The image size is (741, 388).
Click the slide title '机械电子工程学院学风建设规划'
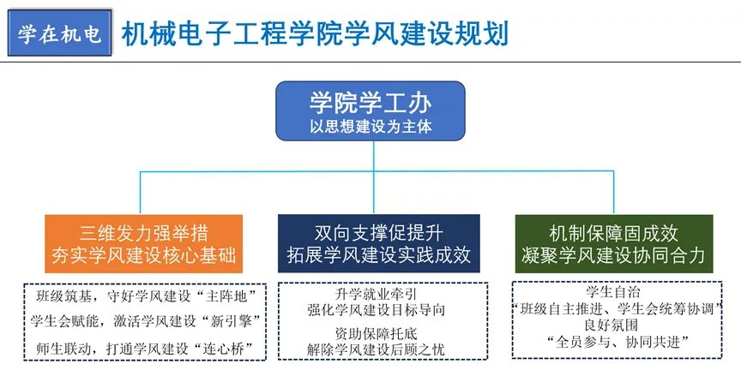(315, 33)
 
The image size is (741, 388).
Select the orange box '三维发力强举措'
(143, 233)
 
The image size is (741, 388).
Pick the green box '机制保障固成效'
(613, 233)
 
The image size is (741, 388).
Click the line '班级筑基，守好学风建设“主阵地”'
(143, 297)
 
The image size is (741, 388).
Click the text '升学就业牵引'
(376, 294)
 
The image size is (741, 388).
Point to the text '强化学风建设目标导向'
(376, 309)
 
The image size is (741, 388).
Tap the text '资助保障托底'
(376, 333)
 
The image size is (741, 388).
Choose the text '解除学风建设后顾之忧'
(376, 349)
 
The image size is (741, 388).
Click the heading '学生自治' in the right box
(617, 291)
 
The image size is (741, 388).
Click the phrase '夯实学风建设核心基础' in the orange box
(143, 255)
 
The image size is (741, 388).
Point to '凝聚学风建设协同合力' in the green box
(613, 255)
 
